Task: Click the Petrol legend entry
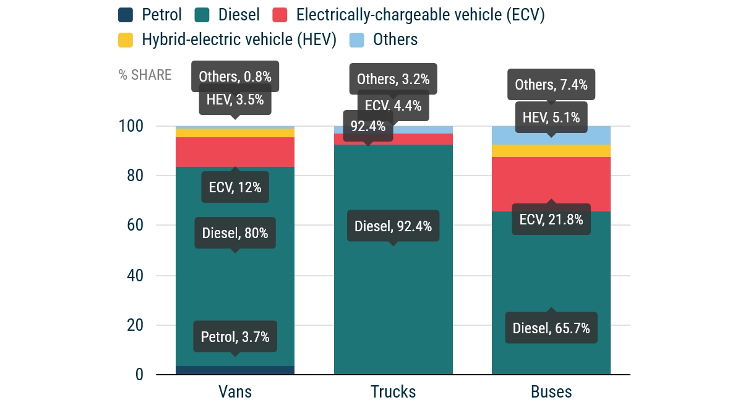tap(149, 15)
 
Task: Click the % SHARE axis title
tap(145, 75)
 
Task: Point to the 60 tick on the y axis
tap(135, 226)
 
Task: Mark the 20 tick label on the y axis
tap(135, 325)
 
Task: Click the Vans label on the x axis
tap(235, 392)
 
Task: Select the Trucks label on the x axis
tap(393, 392)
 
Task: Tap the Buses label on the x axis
tap(551, 392)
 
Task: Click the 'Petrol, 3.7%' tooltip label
tap(235, 337)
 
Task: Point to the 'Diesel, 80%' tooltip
tap(235, 233)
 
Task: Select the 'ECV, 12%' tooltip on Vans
tap(235, 187)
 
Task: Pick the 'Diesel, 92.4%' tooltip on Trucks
tap(393, 226)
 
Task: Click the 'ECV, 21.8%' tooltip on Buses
tap(551, 219)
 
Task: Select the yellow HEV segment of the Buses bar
tap(551, 151)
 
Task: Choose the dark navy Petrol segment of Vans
tap(235, 370)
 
